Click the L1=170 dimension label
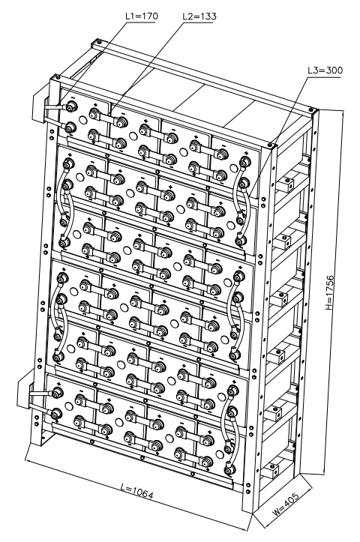click(142, 16)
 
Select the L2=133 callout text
click(200, 16)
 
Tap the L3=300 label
click(325, 70)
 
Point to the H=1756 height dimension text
click(330, 292)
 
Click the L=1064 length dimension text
click(137, 491)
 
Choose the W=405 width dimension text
click(285, 503)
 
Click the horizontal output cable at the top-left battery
click(54, 108)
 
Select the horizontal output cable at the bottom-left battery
click(39, 394)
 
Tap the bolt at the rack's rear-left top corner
click(99, 43)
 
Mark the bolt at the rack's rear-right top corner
click(311, 110)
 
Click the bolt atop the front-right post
click(270, 145)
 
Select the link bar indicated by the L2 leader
click(106, 118)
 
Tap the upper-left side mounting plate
click(40, 107)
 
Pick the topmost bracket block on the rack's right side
click(286, 184)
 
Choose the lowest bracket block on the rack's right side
click(271, 471)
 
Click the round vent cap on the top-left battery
click(83, 120)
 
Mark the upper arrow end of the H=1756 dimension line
click(343, 111)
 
